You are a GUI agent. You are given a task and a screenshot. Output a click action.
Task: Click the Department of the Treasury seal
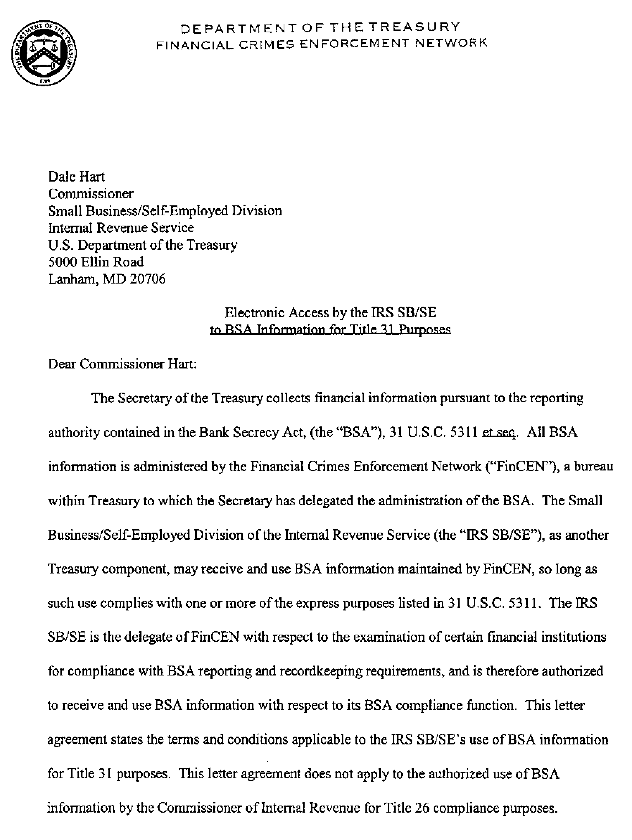pyautogui.click(x=44, y=54)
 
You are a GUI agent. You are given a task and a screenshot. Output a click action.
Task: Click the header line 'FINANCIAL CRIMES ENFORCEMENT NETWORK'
pyautogui.click(x=321, y=44)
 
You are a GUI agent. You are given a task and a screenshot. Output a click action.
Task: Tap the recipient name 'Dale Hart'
pyautogui.click(x=76, y=177)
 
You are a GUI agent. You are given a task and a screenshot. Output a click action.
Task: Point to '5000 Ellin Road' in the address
pyautogui.click(x=96, y=262)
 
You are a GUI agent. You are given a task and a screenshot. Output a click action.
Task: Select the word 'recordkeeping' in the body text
pyautogui.click(x=321, y=671)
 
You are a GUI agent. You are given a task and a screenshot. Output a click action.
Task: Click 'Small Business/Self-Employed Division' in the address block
pyautogui.click(x=165, y=211)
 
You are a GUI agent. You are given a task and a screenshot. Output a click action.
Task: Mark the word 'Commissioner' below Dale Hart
pyautogui.click(x=91, y=194)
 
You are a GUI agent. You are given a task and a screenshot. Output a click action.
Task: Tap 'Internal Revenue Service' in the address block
pyautogui.click(x=121, y=228)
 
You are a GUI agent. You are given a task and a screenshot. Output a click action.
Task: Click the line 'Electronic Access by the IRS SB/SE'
pyautogui.click(x=330, y=313)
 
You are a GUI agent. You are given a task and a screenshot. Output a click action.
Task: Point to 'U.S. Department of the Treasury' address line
pyautogui.click(x=143, y=245)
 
